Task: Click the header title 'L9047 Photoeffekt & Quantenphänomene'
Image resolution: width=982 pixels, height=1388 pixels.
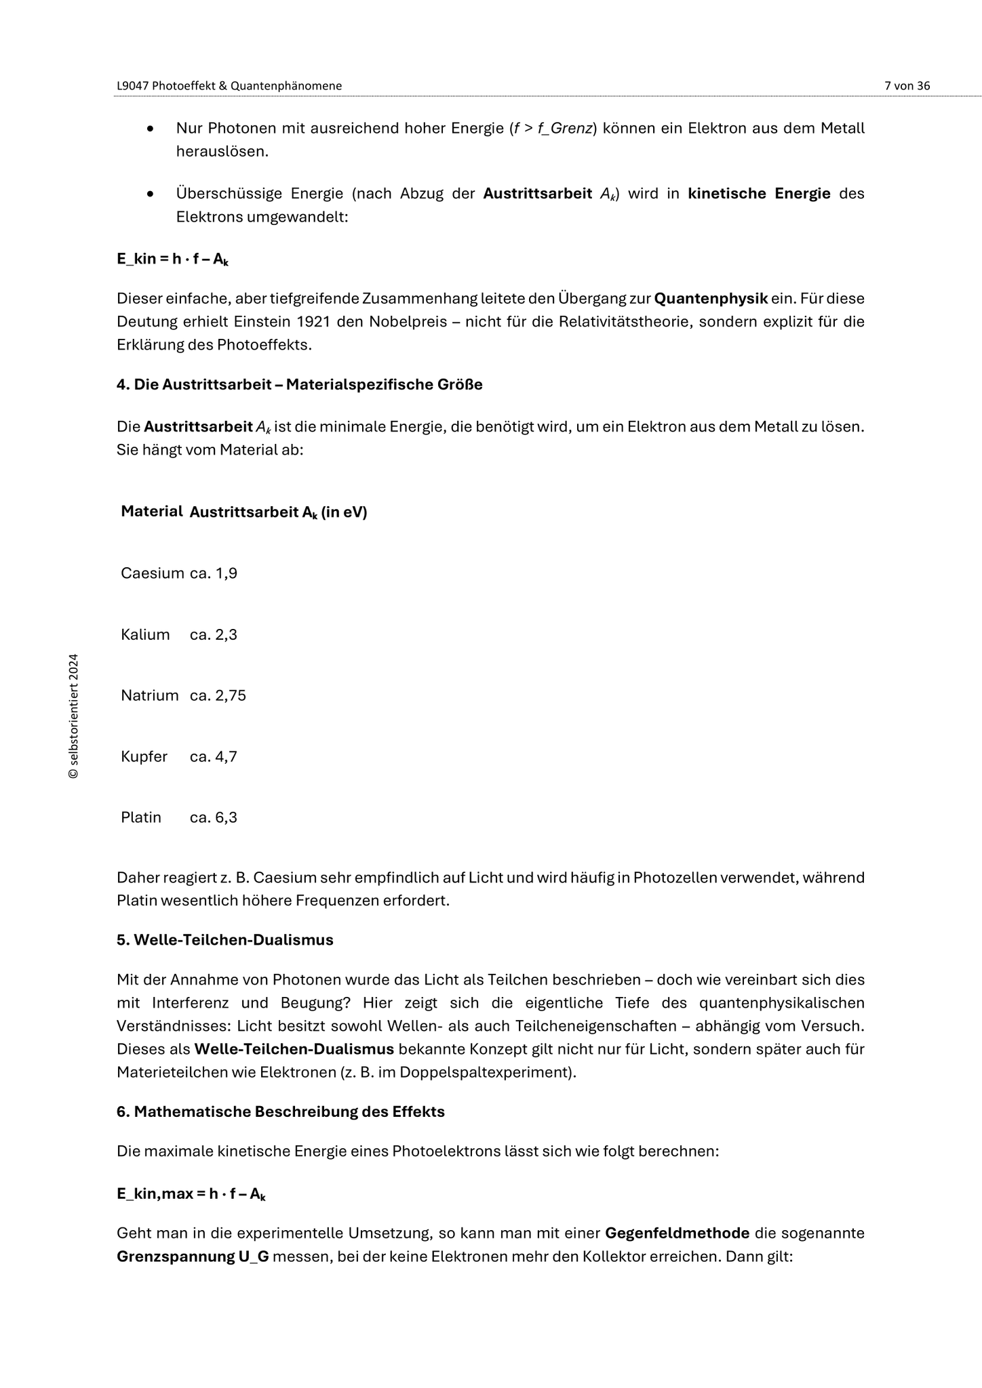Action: tap(229, 86)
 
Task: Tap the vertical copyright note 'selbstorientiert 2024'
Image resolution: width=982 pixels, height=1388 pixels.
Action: tap(74, 716)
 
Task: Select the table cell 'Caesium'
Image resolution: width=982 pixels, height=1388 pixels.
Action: tap(152, 573)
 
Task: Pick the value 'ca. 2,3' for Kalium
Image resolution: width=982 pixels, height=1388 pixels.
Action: tap(214, 635)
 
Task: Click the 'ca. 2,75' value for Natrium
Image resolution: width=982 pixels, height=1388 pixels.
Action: tap(218, 696)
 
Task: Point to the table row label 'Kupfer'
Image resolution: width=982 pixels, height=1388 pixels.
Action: tap(144, 757)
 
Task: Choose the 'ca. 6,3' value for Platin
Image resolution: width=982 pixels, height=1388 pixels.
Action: tap(214, 818)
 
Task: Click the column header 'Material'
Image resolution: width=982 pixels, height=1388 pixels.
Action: tap(151, 512)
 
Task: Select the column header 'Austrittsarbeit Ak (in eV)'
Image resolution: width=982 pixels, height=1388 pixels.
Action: tap(278, 513)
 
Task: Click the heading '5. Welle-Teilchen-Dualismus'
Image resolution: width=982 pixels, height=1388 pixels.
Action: tap(225, 940)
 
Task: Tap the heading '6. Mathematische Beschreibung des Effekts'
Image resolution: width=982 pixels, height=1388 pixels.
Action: tap(281, 1112)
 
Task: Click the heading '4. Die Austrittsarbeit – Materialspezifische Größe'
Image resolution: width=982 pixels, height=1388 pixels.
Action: tap(299, 385)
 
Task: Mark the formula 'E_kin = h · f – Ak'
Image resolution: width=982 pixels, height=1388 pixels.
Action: tap(172, 259)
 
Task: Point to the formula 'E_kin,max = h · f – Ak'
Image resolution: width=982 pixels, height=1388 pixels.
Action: tap(191, 1194)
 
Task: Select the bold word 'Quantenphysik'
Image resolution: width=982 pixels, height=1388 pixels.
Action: tap(711, 299)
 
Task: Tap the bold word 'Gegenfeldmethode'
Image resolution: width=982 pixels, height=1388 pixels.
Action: tap(677, 1233)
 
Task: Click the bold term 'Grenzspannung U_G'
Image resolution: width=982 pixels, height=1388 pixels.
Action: tap(193, 1257)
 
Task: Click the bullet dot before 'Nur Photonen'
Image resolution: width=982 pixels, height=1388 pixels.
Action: tap(151, 129)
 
